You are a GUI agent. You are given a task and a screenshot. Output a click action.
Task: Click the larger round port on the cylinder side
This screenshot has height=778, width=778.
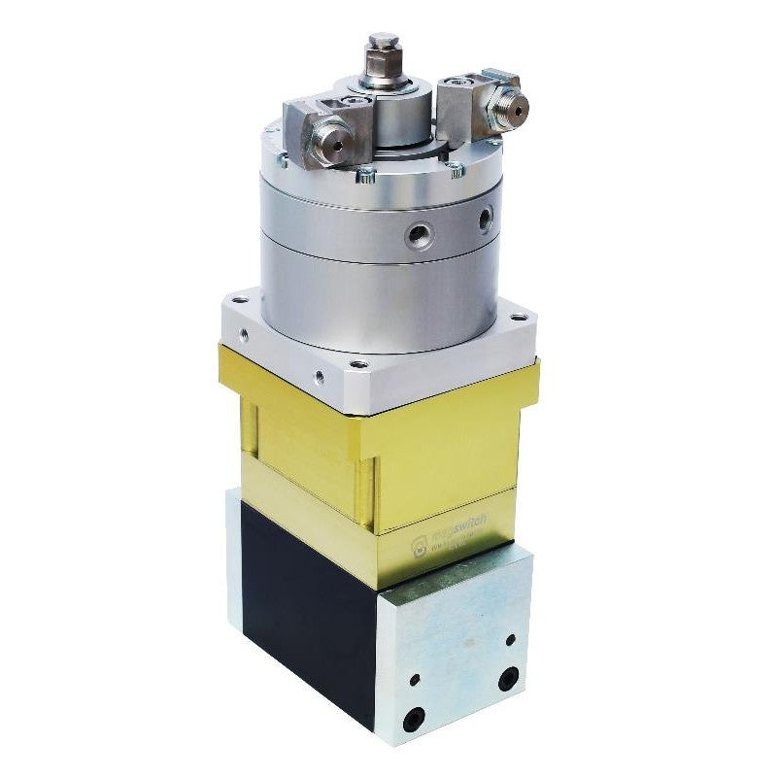click(x=419, y=233)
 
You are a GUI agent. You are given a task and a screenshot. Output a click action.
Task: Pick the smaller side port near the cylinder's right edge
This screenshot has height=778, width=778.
click(x=484, y=220)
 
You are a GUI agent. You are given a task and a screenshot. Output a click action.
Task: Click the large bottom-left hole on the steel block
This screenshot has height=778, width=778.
click(x=415, y=718)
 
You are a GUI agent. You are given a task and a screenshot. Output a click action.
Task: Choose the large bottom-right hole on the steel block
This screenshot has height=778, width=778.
click(x=506, y=679)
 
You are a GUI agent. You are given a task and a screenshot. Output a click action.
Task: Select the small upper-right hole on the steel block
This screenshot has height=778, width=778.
click(x=510, y=640)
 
